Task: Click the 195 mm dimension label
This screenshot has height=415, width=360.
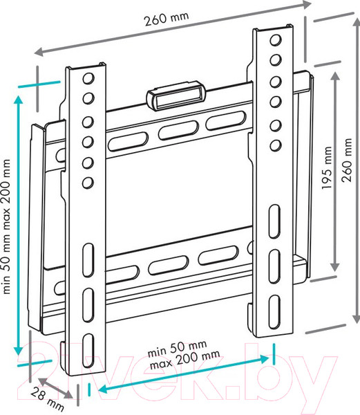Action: click(326, 167)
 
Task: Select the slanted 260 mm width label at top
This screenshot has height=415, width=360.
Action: click(167, 17)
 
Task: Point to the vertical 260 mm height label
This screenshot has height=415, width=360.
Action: click(347, 160)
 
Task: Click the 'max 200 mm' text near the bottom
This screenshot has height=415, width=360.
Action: click(184, 360)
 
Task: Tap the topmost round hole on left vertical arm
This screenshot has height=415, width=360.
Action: click(88, 78)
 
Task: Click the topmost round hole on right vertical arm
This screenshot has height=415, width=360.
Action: click(276, 40)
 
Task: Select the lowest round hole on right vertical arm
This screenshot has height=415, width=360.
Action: click(276, 145)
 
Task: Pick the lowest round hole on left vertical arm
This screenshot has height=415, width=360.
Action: click(88, 183)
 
